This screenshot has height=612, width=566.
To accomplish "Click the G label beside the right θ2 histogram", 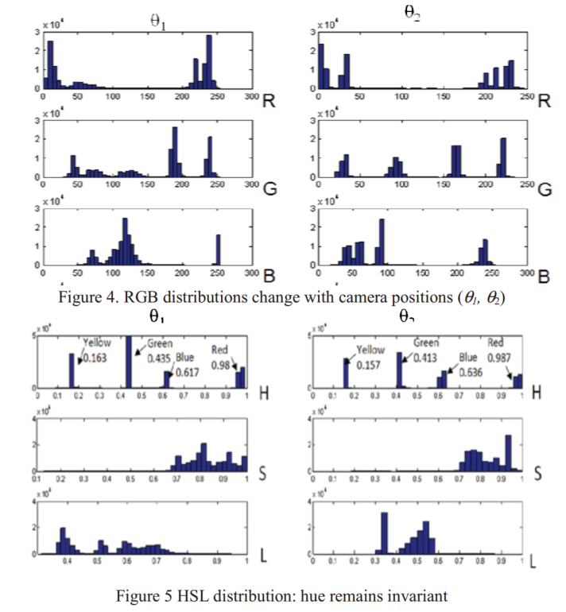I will click(x=544, y=190).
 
